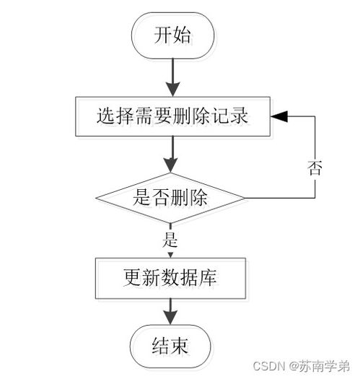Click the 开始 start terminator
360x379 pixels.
[x=172, y=35]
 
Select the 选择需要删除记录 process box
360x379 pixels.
[x=172, y=116]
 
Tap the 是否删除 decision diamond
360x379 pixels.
[x=172, y=197]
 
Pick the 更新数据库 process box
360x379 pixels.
[x=172, y=277]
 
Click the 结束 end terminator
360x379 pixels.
[x=172, y=344]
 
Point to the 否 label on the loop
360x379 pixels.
[x=315, y=168]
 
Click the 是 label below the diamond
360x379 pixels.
[x=172, y=236]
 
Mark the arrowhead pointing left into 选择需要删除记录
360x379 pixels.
[x=278, y=116]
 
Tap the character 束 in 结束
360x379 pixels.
[x=182, y=344]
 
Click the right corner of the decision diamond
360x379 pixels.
[x=245, y=197]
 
